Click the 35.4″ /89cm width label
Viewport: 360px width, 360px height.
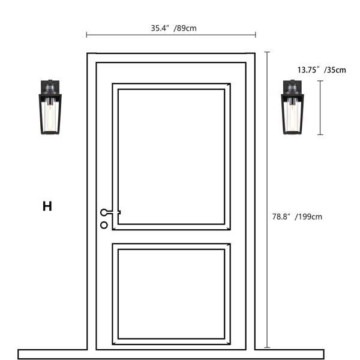pos(173,28)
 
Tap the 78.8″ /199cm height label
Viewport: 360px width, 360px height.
pos(297,217)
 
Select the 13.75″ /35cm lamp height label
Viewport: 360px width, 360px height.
pos(322,70)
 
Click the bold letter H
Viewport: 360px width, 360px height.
pos(47,206)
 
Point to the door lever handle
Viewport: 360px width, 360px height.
pos(110,212)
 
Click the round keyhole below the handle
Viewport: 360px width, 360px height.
pos(104,225)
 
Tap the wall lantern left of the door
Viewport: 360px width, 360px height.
pos(50,107)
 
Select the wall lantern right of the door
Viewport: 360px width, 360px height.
pos(292,107)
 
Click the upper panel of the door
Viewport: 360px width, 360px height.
pos(171,157)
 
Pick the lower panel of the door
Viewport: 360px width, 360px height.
pos(171,294)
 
